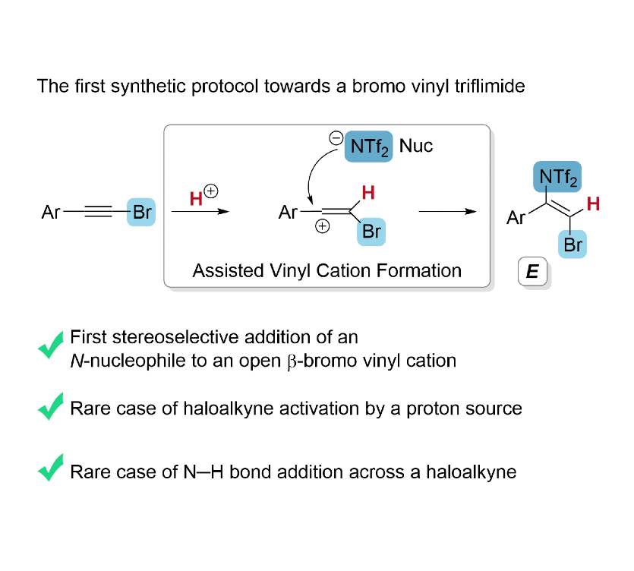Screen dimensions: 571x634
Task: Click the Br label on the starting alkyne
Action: (x=142, y=213)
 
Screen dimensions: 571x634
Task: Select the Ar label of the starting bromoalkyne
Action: (x=51, y=213)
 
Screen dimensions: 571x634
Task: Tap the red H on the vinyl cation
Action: (x=368, y=194)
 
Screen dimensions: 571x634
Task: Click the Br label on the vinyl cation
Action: (x=371, y=232)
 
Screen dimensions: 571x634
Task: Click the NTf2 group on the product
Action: (x=559, y=178)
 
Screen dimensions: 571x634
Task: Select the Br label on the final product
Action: (x=573, y=244)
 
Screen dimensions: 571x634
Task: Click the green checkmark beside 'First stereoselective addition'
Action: (x=51, y=347)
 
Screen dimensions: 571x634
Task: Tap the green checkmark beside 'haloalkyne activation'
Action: (x=51, y=409)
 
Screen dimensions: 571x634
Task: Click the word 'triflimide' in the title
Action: (x=487, y=86)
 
